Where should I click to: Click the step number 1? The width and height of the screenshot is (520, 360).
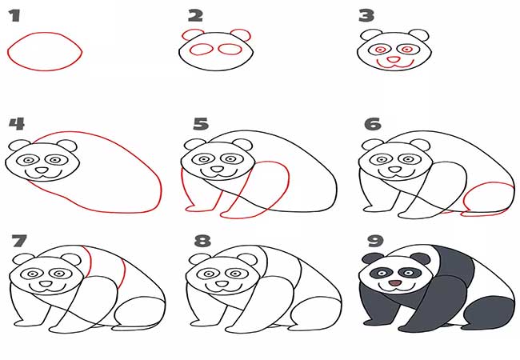tap(14, 16)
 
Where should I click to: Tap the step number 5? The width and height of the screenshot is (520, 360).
tap(201, 124)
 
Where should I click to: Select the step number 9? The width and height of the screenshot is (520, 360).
tap(375, 241)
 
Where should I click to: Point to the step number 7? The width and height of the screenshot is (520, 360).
tap(19, 241)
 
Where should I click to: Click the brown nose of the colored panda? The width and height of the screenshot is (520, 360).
tap(394, 283)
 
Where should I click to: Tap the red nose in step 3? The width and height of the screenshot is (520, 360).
tap(394, 60)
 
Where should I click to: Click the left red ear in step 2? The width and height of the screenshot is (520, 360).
tap(191, 34)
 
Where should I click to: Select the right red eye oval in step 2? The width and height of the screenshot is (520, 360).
tap(230, 49)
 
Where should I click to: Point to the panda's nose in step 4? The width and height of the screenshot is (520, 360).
tap(42, 170)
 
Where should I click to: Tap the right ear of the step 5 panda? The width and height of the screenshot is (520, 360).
tap(242, 146)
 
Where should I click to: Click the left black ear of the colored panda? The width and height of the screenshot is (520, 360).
tap(373, 258)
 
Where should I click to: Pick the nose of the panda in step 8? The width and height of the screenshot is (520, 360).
tap(222, 284)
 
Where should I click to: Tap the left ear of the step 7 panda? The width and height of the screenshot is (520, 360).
tap(23, 259)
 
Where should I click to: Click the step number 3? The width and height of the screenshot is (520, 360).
tap(366, 16)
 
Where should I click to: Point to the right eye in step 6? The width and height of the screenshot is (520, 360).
tap(410, 158)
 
